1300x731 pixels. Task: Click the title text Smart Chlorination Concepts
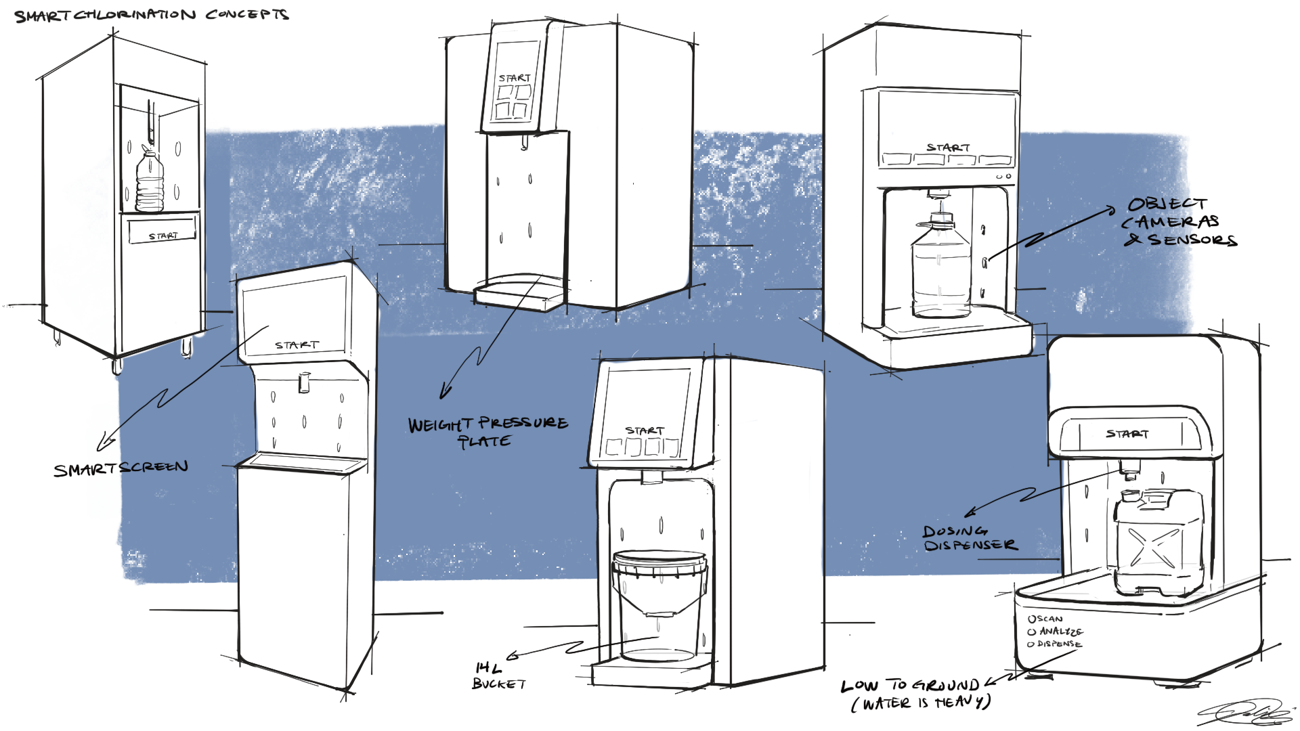click(152, 15)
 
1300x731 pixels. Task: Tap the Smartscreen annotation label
click(121, 468)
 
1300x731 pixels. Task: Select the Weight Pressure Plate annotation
click(487, 432)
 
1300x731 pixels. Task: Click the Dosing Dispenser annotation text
click(968, 539)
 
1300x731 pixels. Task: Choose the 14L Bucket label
click(498, 676)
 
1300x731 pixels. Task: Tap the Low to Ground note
click(915, 694)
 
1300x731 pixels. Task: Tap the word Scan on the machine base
click(1048, 619)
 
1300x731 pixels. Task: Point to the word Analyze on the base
click(1060, 632)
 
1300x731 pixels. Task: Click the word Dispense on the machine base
click(1059, 644)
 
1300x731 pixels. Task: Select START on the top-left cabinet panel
click(163, 236)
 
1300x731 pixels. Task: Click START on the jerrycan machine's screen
click(1127, 433)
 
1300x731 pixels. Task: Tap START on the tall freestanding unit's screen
click(297, 345)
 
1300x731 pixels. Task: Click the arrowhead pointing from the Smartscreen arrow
click(104, 443)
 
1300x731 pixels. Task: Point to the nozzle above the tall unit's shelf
click(304, 383)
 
